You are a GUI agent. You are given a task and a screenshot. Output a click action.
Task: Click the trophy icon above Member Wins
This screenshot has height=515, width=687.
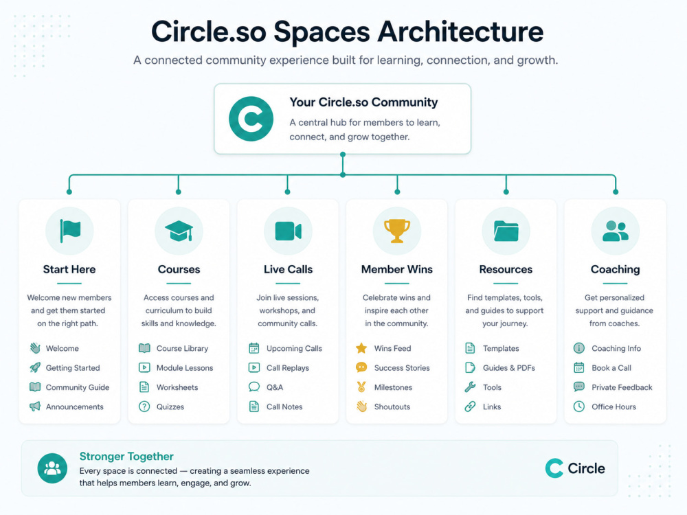[x=397, y=231]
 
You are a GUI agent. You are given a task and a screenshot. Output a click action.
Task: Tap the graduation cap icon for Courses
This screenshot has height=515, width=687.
[x=179, y=231]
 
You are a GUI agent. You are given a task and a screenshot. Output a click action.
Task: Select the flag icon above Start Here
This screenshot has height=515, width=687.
[x=70, y=231]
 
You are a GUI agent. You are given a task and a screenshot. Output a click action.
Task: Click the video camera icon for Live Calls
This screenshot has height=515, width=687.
[x=288, y=231]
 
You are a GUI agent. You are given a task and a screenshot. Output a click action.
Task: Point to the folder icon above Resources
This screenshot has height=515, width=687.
[x=506, y=231]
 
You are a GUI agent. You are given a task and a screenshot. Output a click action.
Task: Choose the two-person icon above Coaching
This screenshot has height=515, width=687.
[x=615, y=231]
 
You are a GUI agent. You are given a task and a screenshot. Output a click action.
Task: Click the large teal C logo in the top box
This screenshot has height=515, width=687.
[x=251, y=119]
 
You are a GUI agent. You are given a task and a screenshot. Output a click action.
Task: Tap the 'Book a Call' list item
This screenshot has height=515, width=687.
[x=602, y=368]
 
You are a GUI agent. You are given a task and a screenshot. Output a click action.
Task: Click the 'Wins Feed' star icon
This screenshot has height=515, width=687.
[x=361, y=348]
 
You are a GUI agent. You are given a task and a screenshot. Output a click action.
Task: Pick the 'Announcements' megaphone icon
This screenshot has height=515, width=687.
[x=35, y=407]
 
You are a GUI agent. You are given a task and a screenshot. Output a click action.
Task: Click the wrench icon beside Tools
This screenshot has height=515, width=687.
[x=470, y=387]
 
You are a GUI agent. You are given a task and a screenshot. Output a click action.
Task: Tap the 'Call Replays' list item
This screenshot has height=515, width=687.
[x=279, y=368]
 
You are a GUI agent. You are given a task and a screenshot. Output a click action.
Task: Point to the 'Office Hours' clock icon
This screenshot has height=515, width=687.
[x=578, y=407]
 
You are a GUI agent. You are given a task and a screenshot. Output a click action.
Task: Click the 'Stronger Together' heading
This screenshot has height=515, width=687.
[x=126, y=457]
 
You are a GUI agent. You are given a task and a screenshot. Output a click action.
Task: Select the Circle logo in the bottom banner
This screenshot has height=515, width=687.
[x=575, y=468]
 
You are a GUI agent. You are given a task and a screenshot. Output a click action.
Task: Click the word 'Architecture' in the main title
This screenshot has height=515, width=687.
[x=460, y=32]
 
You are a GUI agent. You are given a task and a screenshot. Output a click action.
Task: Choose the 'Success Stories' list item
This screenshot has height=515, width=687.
[x=392, y=368]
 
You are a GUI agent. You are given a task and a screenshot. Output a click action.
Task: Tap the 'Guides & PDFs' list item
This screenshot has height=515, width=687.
[x=500, y=368]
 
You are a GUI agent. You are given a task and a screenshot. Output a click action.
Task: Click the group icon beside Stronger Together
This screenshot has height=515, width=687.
[x=52, y=468]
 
